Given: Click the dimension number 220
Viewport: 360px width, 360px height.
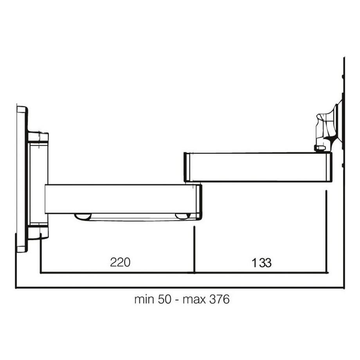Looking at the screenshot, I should [x=120, y=262].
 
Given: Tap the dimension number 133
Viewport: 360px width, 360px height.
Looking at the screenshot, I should [x=261, y=263].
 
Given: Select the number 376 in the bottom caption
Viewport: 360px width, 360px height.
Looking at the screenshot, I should [x=219, y=300].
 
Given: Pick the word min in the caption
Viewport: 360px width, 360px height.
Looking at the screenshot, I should [x=143, y=300].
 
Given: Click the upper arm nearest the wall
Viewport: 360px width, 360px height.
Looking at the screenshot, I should [x=258, y=167].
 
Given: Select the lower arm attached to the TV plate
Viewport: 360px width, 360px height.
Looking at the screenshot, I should [x=121, y=199].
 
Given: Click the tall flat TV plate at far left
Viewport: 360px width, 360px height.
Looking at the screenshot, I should [x=22, y=179].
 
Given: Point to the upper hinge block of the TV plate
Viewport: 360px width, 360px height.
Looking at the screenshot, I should [x=38, y=137].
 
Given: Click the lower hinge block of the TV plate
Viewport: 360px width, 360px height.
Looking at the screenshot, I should [x=38, y=231].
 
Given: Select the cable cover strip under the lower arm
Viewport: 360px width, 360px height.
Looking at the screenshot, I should [x=133, y=217].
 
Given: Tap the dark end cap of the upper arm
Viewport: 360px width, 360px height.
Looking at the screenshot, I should [x=187, y=167].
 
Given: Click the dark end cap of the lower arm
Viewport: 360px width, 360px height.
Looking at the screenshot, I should [x=200, y=202].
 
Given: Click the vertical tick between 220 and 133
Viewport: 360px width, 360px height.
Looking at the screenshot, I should [x=194, y=250].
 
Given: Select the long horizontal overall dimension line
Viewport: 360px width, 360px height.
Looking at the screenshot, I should [x=180, y=288].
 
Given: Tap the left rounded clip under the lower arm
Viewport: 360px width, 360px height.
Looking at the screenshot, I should [x=83, y=216].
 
